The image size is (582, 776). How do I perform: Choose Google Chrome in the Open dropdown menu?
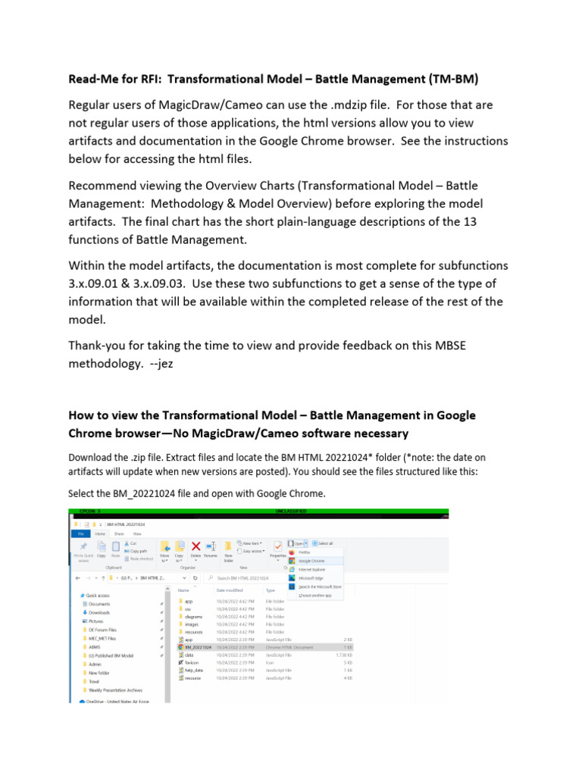[311, 561]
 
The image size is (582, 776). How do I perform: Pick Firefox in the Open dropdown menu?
[305, 552]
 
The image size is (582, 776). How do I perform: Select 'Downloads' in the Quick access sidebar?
[99, 612]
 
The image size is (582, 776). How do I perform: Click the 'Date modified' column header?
[230, 590]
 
